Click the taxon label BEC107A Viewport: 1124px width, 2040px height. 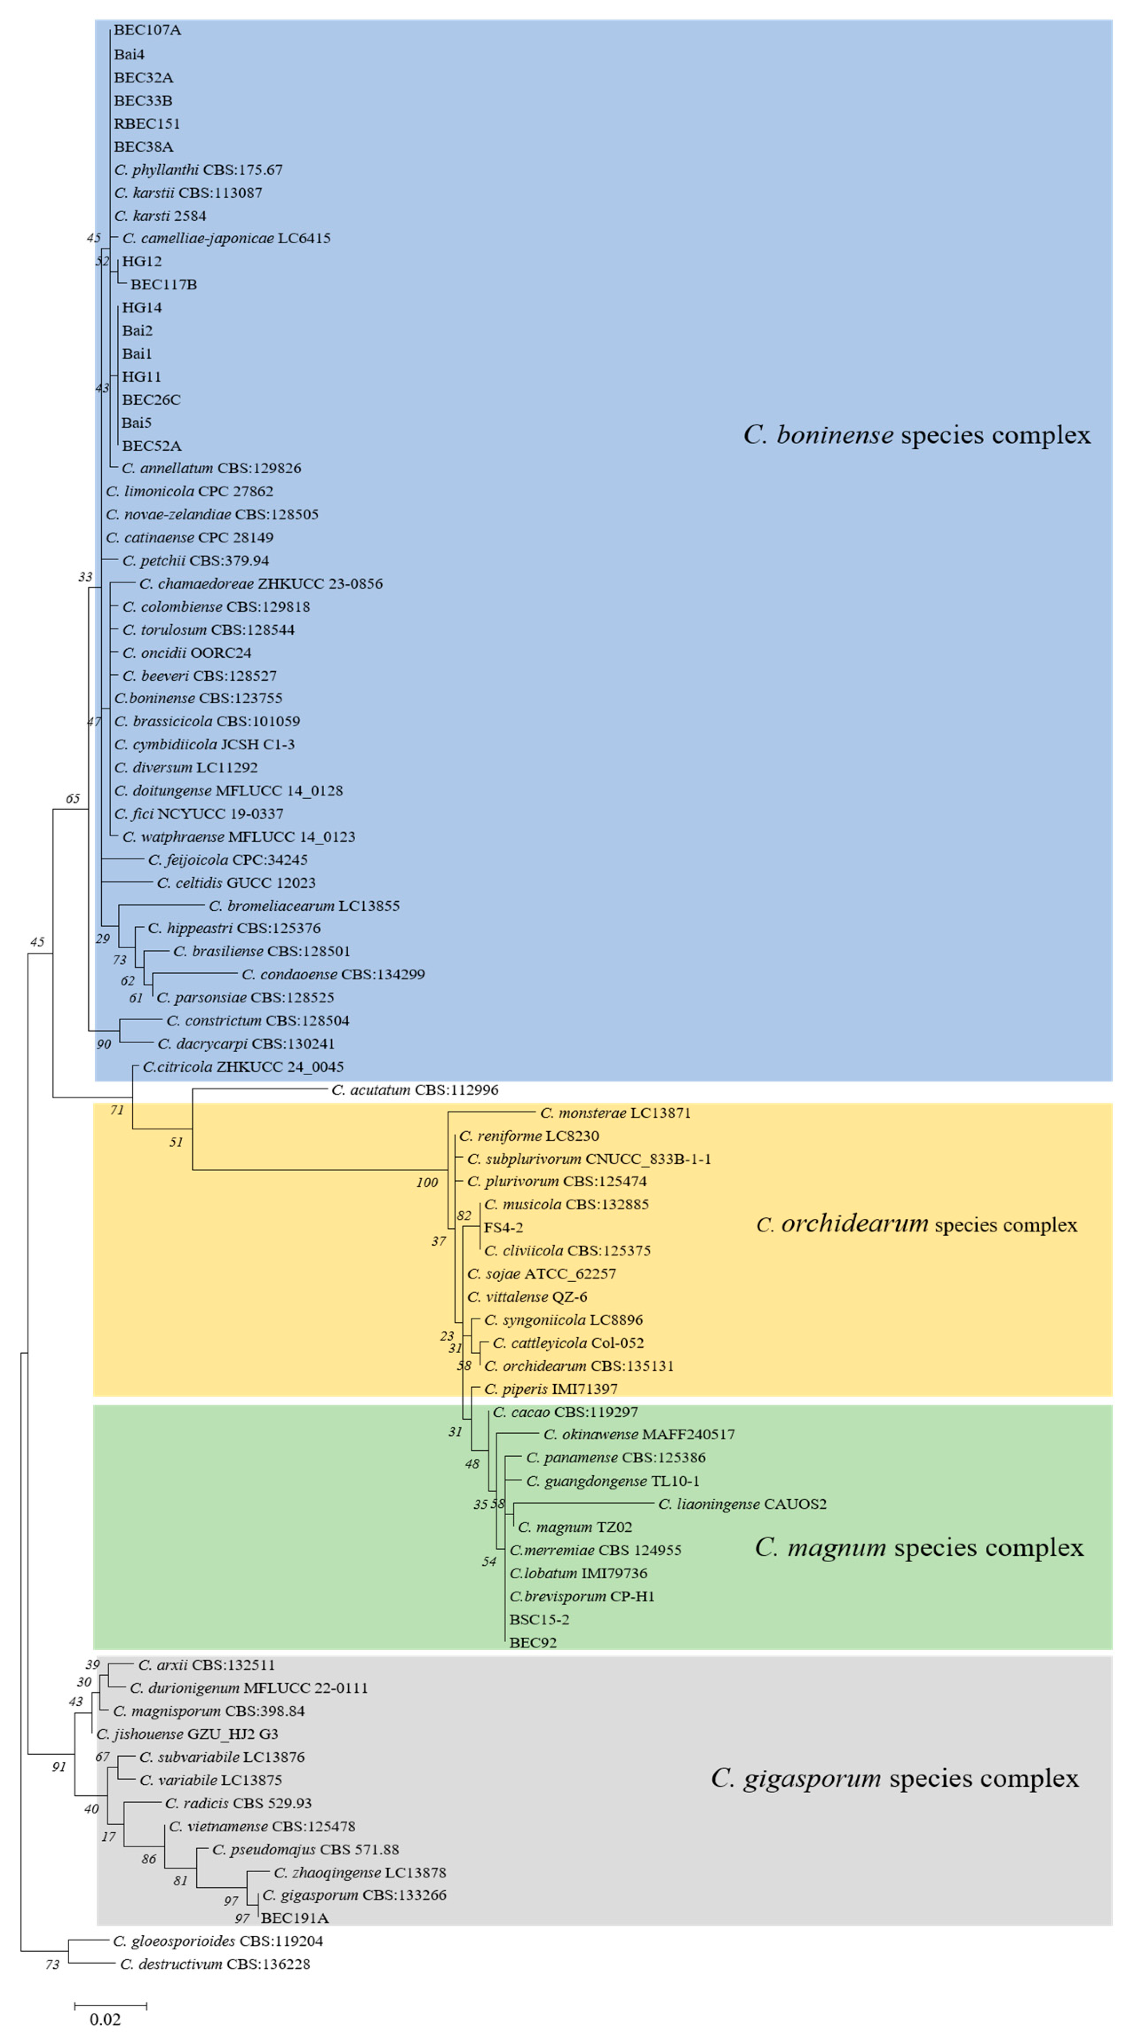[x=147, y=30]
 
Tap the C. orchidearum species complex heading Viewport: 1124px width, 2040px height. [x=917, y=1224]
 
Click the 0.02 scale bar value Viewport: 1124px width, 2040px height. [x=105, y=2019]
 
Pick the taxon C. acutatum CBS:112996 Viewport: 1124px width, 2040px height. [x=415, y=1089]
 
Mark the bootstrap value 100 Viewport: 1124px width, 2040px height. [x=427, y=1182]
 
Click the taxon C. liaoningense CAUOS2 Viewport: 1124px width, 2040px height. [x=742, y=1504]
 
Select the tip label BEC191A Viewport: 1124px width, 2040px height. [x=295, y=1918]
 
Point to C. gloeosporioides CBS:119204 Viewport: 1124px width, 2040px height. [x=218, y=1941]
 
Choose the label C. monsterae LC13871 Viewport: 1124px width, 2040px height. [x=616, y=1113]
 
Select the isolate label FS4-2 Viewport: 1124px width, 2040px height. [x=503, y=1228]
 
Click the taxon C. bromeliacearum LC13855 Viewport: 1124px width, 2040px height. [x=304, y=905]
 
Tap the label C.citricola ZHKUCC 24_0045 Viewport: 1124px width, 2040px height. [x=243, y=1067]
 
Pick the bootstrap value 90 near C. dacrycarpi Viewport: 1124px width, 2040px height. [x=104, y=1044]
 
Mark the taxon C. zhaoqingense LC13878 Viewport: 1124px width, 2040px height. [x=360, y=1872]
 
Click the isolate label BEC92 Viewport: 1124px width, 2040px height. [x=533, y=1643]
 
